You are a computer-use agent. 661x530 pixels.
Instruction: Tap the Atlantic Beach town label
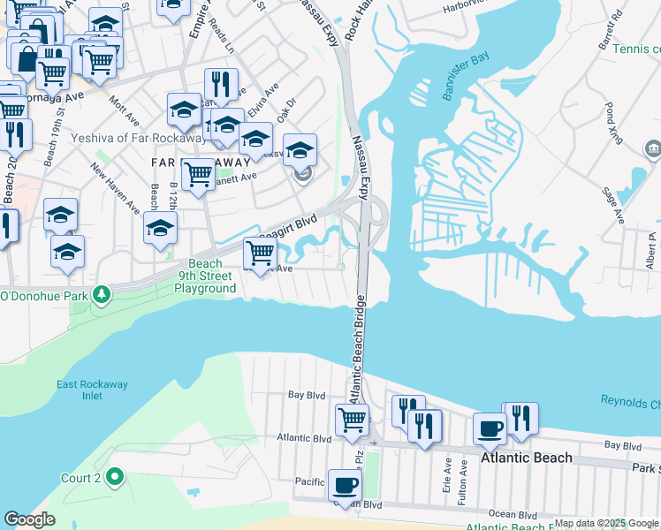(x=526, y=458)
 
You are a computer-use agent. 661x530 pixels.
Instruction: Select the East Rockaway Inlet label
(x=80, y=390)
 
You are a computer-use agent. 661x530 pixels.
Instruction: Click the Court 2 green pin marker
(x=114, y=478)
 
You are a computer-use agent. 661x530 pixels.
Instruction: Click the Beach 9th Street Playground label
(x=205, y=276)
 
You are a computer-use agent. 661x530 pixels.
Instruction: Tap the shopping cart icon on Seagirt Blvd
(x=259, y=254)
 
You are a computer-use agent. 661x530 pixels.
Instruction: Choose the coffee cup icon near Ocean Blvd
(x=344, y=485)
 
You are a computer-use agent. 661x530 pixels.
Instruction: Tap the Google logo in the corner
(x=29, y=519)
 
